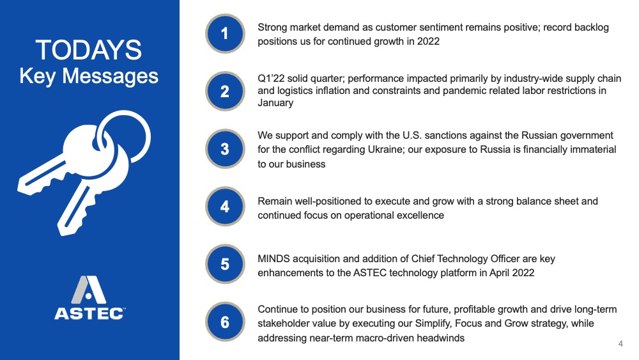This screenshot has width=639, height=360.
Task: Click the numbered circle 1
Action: (225, 33)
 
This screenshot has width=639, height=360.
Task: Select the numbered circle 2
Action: (225, 91)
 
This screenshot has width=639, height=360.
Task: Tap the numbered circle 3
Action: (225, 149)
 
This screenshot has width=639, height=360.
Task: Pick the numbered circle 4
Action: (225, 207)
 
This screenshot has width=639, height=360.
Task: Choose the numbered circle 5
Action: (225, 264)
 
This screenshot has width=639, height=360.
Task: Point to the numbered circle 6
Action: (225, 322)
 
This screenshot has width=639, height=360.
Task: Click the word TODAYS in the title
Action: (89, 50)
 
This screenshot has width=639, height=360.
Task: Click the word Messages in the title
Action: (110, 77)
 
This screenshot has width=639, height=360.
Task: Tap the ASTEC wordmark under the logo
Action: (89, 313)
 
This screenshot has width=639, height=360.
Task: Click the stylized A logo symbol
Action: (89, 290)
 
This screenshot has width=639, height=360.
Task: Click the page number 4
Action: (620, 343)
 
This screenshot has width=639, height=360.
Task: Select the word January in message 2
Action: (275, 103)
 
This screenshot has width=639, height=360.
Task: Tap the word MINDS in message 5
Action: (273, 259)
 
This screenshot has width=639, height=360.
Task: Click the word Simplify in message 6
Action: (433, 324)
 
